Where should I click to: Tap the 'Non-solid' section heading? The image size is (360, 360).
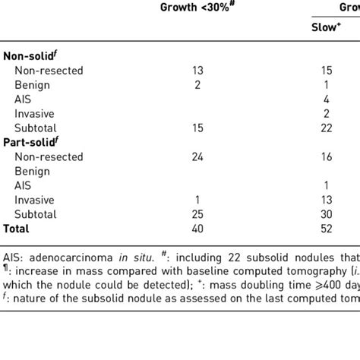click(31, 55)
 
